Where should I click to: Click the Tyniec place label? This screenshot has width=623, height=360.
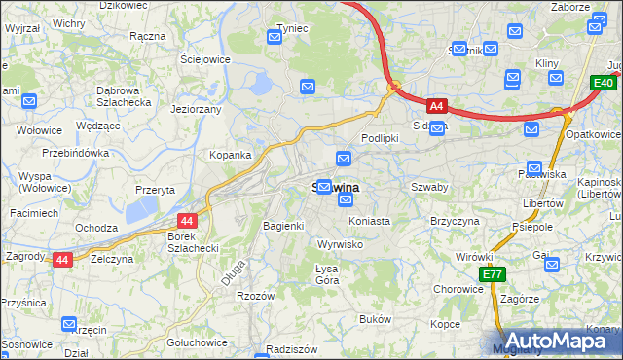292,28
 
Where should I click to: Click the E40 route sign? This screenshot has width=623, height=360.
603,86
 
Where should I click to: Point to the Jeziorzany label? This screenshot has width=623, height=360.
196,110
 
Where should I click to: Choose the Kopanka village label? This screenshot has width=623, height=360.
231,155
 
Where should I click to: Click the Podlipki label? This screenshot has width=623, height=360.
381,138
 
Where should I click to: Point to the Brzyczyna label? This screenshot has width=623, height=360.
456,222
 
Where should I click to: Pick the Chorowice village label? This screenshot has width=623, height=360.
458,289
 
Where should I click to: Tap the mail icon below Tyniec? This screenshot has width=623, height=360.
308,87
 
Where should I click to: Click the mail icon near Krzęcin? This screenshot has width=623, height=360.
69,324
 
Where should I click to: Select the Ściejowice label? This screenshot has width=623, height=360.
204,58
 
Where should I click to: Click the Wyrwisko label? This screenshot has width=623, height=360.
341,244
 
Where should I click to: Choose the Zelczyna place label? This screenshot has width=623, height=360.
111,260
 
